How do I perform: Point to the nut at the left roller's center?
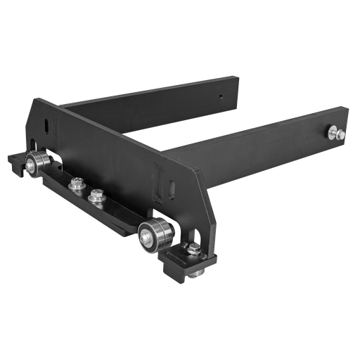pyautogui.click(x=32, y=167)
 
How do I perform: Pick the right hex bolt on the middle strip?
pyautogui.click(x=95, y=196)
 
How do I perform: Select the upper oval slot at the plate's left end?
pyautogui.click(x=47, y=124)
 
